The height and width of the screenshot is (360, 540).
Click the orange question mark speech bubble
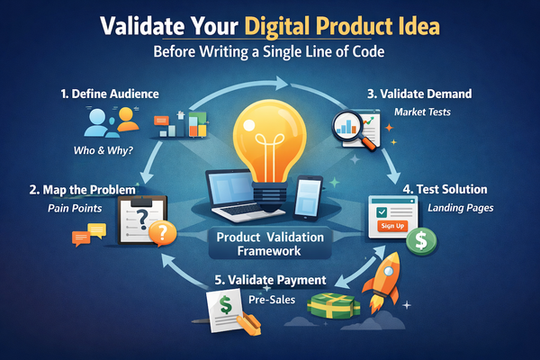161,233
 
